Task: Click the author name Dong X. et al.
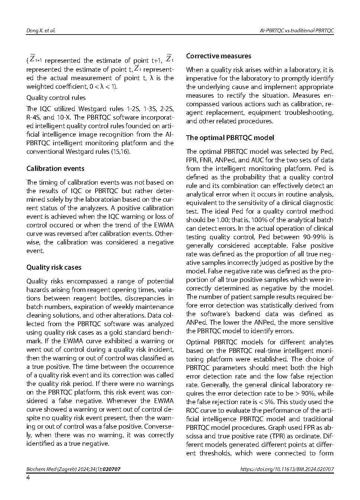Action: (41, 30)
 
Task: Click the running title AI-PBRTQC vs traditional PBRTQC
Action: (296, 30)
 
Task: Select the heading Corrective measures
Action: (218, 56)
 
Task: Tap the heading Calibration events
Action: (55, 169)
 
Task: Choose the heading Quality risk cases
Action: (54, 267)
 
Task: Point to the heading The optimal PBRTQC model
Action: (230, 138)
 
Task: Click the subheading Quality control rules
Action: (56, 98)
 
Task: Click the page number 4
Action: (28, 477)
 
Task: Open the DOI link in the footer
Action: (287, 469)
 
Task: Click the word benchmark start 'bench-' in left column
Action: (163, 332)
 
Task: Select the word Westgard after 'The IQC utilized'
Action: (93, 109)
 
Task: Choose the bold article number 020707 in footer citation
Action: (111, 469)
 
